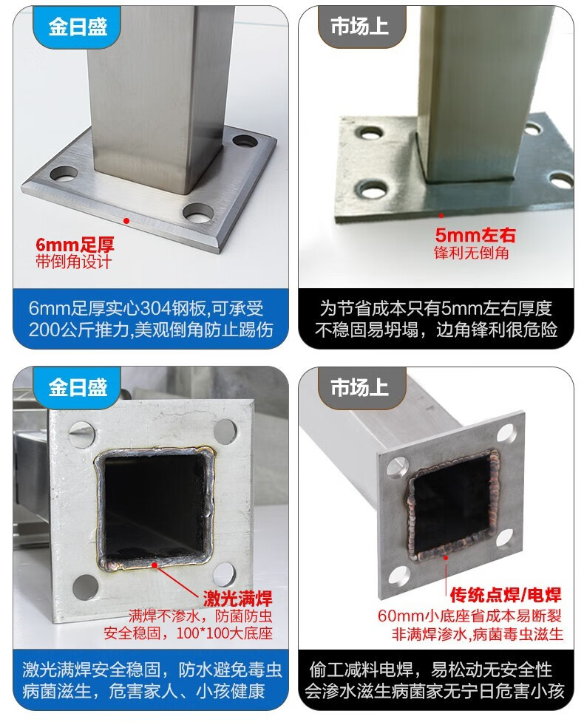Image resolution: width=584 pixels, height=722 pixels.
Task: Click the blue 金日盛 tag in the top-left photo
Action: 78,27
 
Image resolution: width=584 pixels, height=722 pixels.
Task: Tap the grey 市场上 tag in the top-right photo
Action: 360,27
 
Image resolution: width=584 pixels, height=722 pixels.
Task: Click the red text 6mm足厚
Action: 75,245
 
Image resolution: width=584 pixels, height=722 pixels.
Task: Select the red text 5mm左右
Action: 475,235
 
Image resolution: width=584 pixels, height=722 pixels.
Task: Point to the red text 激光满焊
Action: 237,598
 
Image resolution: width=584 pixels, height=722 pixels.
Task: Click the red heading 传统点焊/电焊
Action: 505,595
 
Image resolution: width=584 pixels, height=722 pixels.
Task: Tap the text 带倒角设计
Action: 74,262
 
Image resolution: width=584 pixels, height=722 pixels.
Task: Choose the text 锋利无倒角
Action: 471,253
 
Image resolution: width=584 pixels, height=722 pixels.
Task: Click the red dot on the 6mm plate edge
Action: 126,220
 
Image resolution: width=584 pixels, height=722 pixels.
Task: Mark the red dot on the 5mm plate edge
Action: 441,215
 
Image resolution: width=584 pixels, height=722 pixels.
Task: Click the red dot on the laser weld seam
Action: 155,565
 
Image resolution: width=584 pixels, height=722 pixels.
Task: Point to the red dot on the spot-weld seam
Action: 446,558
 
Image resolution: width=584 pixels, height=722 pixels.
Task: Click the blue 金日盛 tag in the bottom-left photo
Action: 78,387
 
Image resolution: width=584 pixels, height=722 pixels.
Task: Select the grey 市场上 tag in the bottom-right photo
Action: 360,387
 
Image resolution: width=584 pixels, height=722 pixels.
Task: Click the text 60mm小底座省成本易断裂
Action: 469,616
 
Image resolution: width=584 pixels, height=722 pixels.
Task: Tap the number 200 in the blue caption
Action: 44,330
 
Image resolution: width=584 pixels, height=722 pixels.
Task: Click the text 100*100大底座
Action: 224,633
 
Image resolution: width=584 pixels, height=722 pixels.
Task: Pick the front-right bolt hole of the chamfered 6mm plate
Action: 199,213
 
